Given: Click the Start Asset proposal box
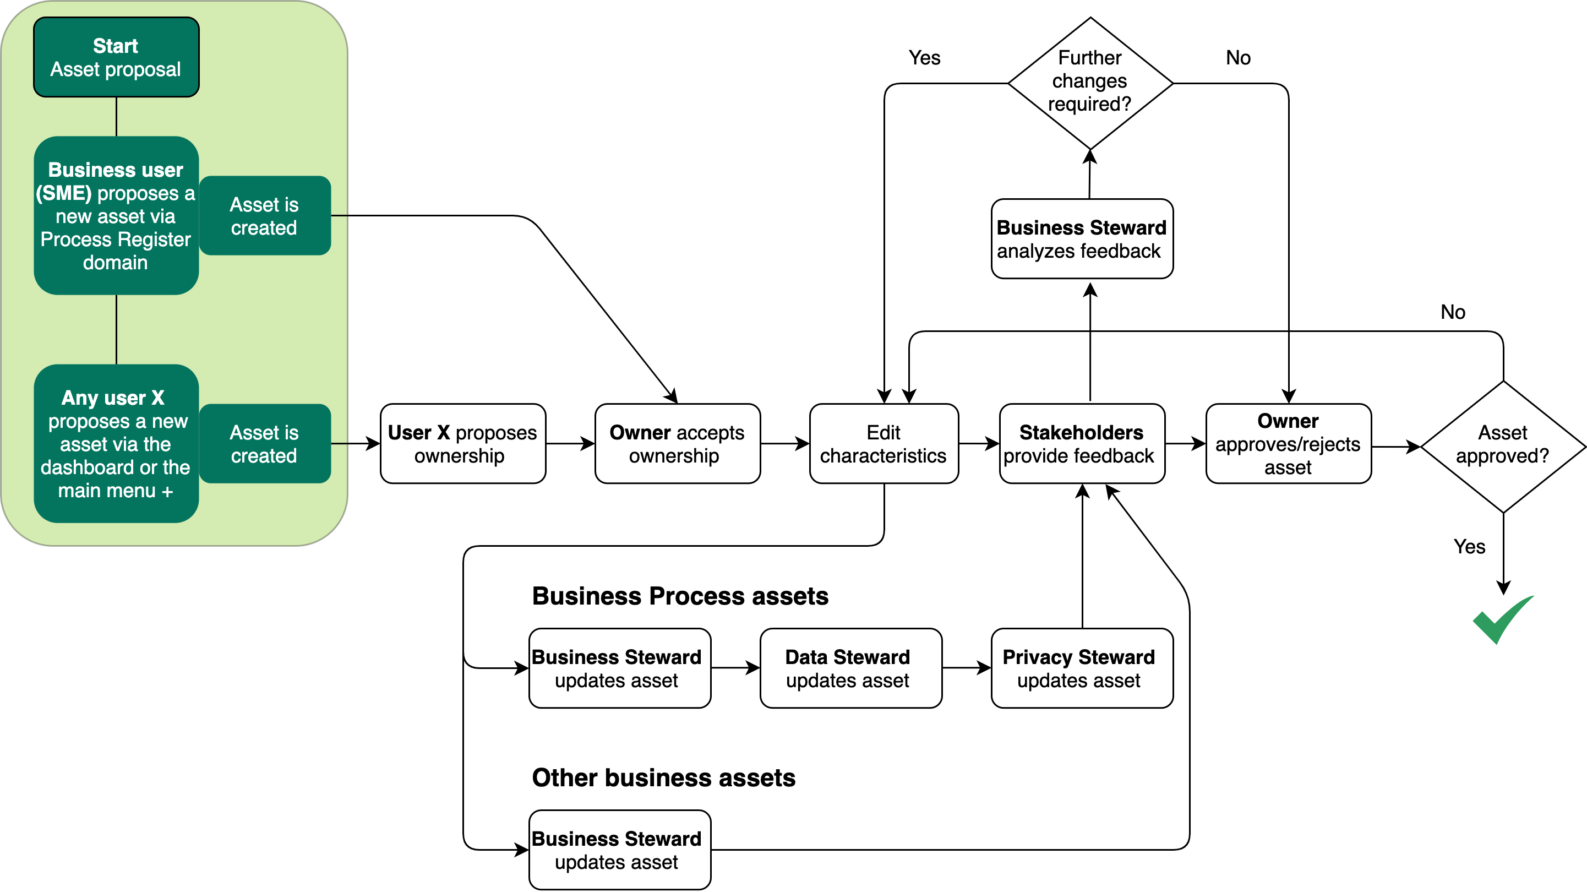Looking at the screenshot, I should click(116, 57).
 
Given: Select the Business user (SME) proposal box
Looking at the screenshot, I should click(116, 216).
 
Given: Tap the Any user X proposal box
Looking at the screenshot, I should click(116, 444).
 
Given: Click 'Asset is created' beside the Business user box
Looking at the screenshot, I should click(264, 216).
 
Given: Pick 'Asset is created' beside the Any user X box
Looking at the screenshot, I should click(264, 444).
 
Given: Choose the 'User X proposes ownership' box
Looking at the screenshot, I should click(463, 444).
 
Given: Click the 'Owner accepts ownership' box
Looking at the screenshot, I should click(677, 444).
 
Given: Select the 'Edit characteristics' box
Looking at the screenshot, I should click(884, 444).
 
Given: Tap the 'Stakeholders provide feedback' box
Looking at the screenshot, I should click(1082, 444).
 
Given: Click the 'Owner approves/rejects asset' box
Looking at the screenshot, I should click(1288, 444).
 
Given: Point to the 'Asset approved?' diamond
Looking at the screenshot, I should click(1503, 447).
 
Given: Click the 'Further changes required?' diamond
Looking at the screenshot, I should click(1090, 83).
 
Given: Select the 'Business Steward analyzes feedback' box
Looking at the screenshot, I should click(1082, 238).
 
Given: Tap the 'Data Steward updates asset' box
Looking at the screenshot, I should click(851, 668).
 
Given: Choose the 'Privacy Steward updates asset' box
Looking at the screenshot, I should click(1082, 668).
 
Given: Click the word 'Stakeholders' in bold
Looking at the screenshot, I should click(1081, 433).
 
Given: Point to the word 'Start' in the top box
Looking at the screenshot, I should click(115, 46).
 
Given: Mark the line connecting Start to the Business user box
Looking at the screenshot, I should click(117, 117).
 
